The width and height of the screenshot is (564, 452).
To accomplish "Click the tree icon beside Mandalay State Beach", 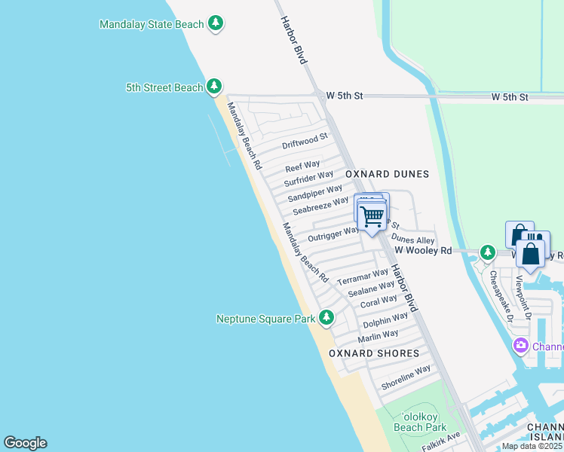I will pos(216,24).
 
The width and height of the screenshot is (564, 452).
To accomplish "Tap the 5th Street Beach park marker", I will pos(214,87).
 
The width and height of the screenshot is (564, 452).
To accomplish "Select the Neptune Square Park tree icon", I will pos(326,318).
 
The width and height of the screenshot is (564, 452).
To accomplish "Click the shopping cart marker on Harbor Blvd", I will pos(372,217).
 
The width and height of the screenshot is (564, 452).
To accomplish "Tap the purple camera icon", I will pos(520,347).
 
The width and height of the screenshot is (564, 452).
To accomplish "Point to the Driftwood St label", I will pos(305,141).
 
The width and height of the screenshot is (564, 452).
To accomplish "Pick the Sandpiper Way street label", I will pos(314,193).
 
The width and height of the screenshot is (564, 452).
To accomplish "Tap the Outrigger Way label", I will pos(333,234).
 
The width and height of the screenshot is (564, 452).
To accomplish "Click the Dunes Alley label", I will pos(413,240).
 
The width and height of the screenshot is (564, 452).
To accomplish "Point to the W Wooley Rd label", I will pos(423,250).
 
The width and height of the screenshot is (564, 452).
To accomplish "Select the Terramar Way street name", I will pos(362,276).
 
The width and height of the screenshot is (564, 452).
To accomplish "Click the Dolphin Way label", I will pos(380,322).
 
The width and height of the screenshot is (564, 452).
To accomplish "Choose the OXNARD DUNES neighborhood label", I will pos(387,174).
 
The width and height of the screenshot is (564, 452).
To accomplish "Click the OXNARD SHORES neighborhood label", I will pos(374,353).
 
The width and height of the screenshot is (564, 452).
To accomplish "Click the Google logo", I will pos(25,443).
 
